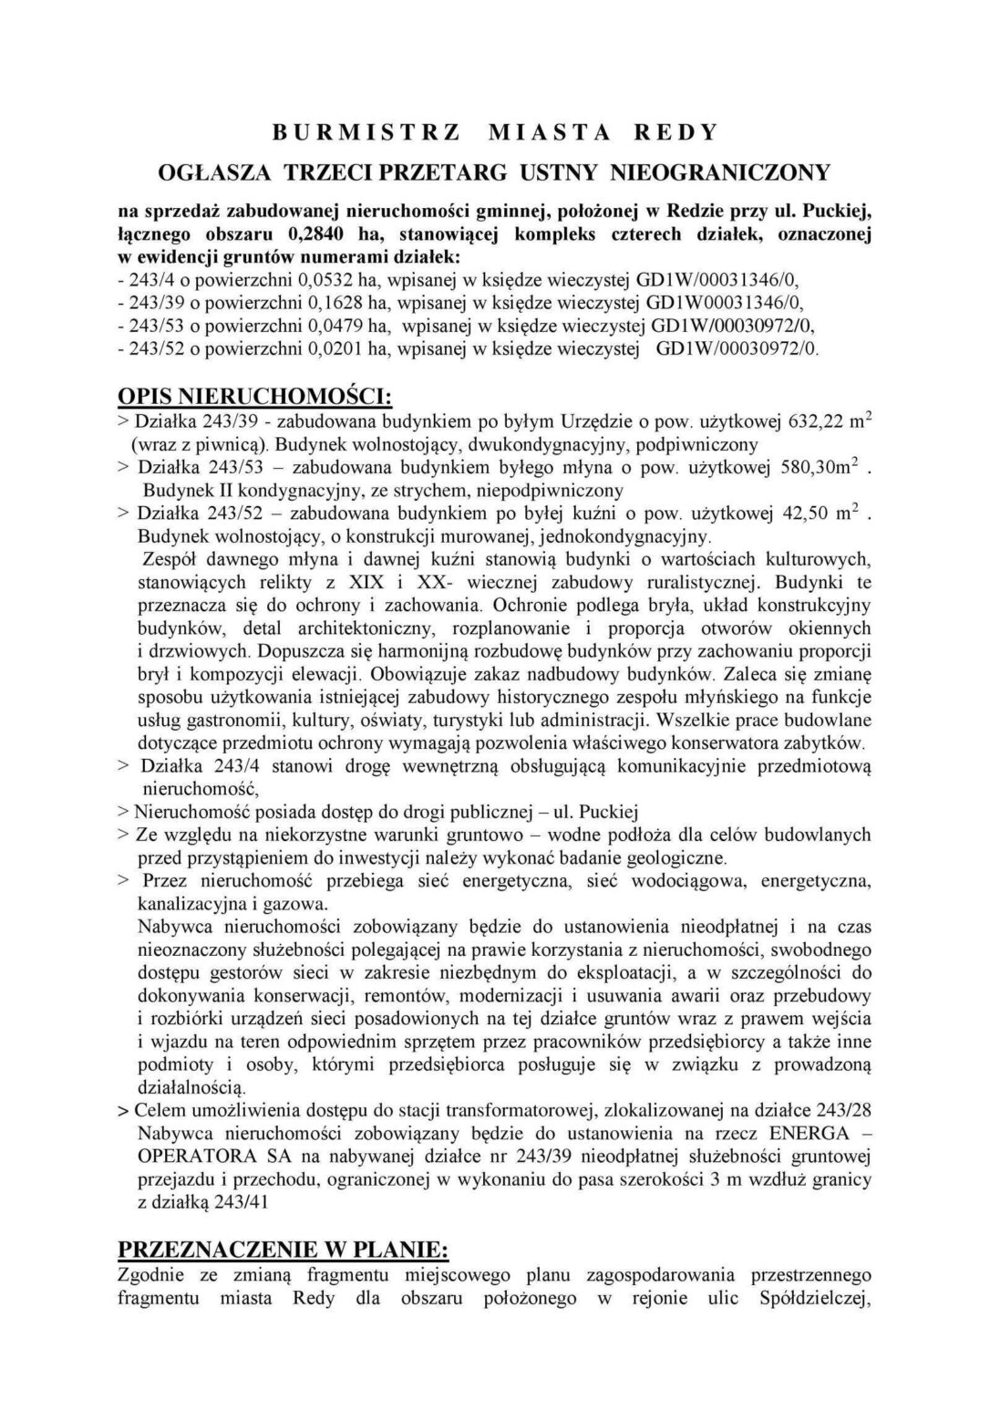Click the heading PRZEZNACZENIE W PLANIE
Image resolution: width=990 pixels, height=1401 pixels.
pyautogui.click(x=283, y=1250)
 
